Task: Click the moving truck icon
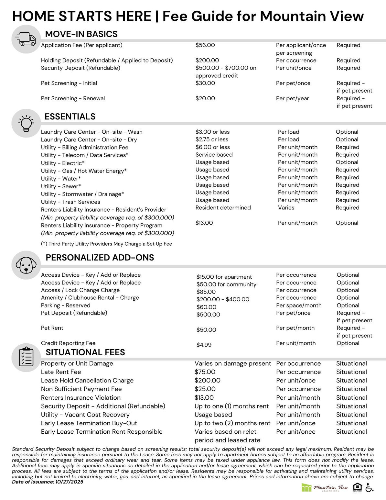[x=26, y=39]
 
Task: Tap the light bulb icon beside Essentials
[x=26, y=123]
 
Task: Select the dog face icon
[x=26, y=265]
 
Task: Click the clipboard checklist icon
[x=26, y=357]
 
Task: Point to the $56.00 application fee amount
[x=205, y=45]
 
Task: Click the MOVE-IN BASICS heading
[x=81, y=34]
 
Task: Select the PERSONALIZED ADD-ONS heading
[x=100, y=258]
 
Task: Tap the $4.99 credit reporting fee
[x=204, y=345]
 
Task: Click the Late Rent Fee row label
[x=61, y=372]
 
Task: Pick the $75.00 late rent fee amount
[x=205, y=372]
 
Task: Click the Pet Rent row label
[x=52, y=328]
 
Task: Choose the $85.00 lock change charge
[x=206, y=292]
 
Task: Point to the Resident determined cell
[x=223, y=208]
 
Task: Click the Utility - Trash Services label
[x=70, y=202]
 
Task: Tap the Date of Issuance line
[x=48, y=482]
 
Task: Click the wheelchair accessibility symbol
[x=369, y=488]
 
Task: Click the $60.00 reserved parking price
[x=206, y=307]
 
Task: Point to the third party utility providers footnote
[x=106, y=244]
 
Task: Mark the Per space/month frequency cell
[x=299, y=306]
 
